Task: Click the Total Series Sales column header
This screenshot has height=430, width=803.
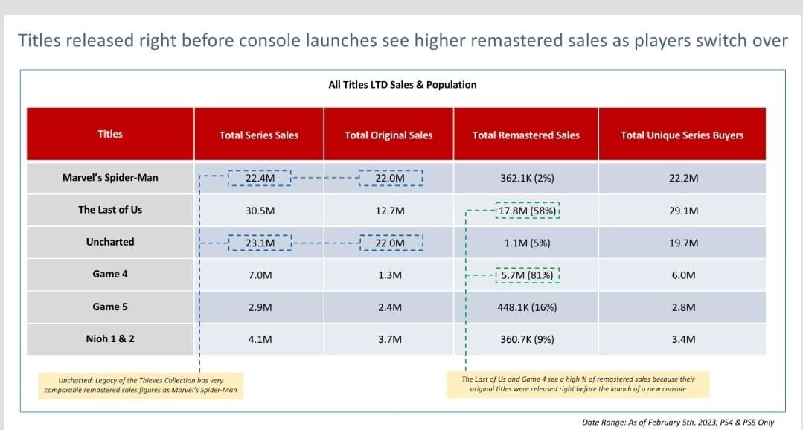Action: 258,135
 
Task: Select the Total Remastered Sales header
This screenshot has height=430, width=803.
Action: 525,135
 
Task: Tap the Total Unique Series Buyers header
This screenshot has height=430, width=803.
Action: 682,135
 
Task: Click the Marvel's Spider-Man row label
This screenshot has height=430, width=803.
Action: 110,178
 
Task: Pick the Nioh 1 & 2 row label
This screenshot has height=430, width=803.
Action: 110,338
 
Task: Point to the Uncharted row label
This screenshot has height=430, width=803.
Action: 110,242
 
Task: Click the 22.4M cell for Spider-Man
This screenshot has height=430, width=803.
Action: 259,179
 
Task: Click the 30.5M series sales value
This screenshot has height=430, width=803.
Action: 259,211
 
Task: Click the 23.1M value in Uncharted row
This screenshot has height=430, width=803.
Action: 259,243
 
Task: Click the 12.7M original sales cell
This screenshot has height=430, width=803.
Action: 389,211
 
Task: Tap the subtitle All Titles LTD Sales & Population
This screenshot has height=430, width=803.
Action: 402,85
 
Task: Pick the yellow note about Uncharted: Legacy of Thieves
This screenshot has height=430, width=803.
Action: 141,384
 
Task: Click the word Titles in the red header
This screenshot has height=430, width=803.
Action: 110,134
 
